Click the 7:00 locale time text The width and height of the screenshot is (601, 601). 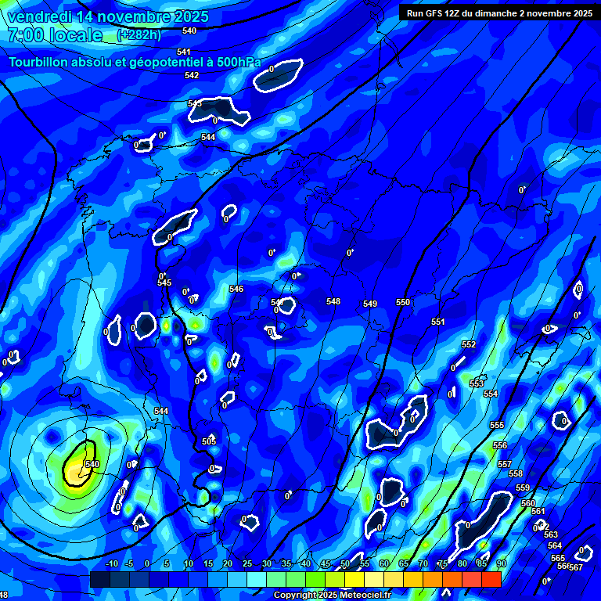[55, 35]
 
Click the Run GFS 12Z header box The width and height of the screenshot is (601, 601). [498, 13]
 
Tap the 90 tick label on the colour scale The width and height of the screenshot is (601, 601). [501, 563]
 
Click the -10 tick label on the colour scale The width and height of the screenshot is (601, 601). [112, 563]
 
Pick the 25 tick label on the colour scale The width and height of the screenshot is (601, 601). [247, 563]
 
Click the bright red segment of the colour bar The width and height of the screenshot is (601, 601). [491, 579]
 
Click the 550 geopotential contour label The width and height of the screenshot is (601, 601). [403, 302]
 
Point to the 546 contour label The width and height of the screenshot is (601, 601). [236, 289]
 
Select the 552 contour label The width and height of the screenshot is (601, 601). [469, 344]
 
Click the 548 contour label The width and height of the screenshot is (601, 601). [333, 301]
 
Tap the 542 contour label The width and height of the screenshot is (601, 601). [192, 75]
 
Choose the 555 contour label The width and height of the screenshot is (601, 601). [497, 425]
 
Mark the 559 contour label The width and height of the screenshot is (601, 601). [523, 488]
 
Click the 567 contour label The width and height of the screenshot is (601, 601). [576, 567]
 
